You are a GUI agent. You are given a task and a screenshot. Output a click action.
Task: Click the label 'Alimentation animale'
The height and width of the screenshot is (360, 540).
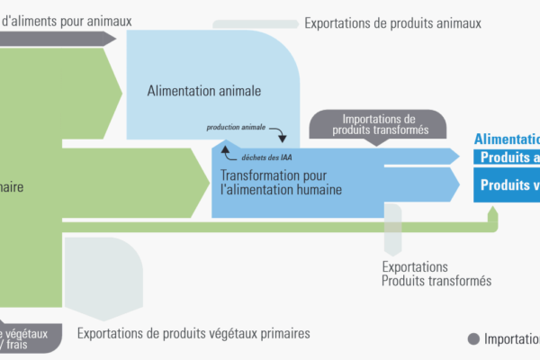click(204, 91)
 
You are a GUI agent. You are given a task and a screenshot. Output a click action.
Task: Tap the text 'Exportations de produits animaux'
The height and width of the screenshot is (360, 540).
click(392, 22)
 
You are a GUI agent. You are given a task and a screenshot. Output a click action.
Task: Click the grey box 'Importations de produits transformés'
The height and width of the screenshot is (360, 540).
click(378, 124)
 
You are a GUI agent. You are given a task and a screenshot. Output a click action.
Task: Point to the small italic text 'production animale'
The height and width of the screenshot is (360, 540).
click(237, 128)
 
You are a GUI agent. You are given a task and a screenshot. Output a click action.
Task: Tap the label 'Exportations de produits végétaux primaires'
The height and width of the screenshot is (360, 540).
click(193, 333)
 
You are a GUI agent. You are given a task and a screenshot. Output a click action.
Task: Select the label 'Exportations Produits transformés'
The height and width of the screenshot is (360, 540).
click(436, 274)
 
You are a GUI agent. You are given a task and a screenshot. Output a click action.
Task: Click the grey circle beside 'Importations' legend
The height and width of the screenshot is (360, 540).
click(473, 339)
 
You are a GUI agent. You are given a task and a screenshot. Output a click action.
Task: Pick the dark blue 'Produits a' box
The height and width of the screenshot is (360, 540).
click(508, 157)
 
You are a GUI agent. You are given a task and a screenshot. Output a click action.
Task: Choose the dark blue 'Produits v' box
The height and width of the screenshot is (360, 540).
click(508, 185)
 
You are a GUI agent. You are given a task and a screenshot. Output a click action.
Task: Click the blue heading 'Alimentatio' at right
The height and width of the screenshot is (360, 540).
click(507, 139)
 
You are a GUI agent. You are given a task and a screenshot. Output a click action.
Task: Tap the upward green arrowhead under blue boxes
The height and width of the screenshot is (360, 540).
click(492, 212)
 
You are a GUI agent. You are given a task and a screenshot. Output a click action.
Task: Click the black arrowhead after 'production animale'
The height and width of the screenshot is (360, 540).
click(282, 138)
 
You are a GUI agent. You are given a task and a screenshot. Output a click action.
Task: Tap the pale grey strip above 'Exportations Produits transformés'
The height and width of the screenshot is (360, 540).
click(392, 229)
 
